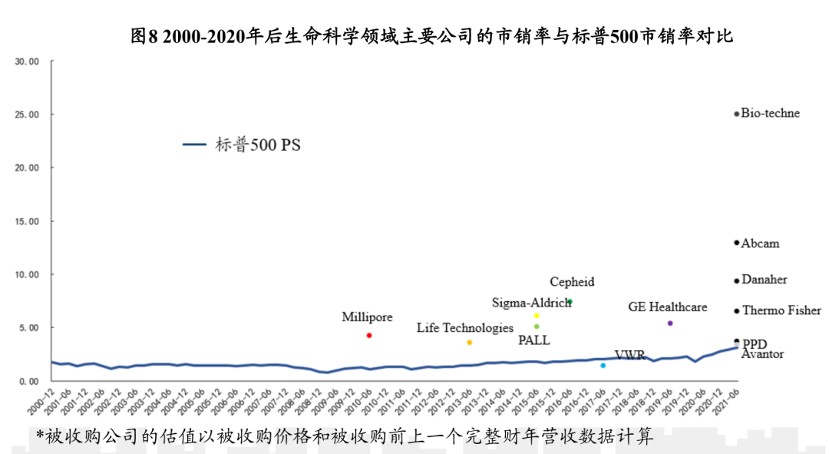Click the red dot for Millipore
click(369, 336)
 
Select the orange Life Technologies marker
click(469, 343)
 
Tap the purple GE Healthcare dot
click(670, 323)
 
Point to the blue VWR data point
click(603, 366)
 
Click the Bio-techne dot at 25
click(737, 114)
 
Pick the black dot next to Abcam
click(737, 243)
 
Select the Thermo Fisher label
click(781, 311)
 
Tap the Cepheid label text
click(572, 282)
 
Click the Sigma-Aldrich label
click(531, 302)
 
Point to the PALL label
click(533, 340)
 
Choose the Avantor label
click(762, 354)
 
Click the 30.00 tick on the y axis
click(27, 61)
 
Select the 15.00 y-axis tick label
click(27, 221)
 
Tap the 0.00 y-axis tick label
click(29, 381)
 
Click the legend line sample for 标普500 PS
click(195, 144)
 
